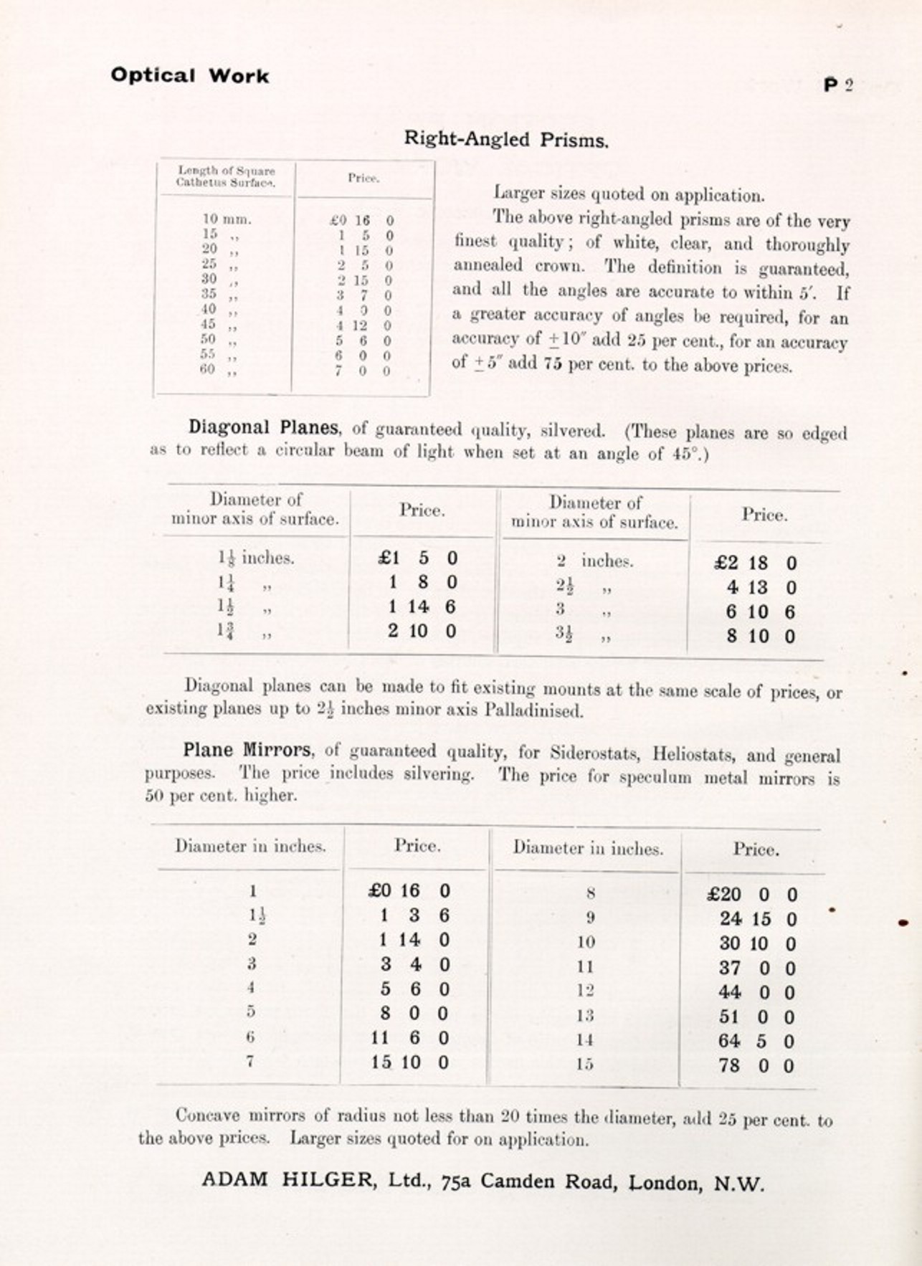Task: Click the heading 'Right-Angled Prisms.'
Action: click(x=506, y=139)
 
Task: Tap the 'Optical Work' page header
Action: click(x=190, y=76)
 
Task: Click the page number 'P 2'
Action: click(x=838, y=85)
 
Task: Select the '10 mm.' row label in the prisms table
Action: click(x=227, y=219)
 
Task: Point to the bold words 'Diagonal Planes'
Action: click(x=263, y=427)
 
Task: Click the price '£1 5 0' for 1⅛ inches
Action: click(x=418, y=558)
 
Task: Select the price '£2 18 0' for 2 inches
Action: click(x=756, y=563)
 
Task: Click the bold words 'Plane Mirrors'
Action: click(x=247, y=751)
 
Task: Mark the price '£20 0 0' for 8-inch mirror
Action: click(x=751, y=895)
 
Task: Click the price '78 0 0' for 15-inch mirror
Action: click(x=756, y=1066)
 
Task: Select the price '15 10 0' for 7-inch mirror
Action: click(x=410, y=1062)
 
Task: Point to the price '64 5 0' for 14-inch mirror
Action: click(x=756, y=1041)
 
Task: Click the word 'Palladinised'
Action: click(x=534, y=711)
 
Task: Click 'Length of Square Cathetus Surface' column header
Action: click(x=226, y=176)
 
